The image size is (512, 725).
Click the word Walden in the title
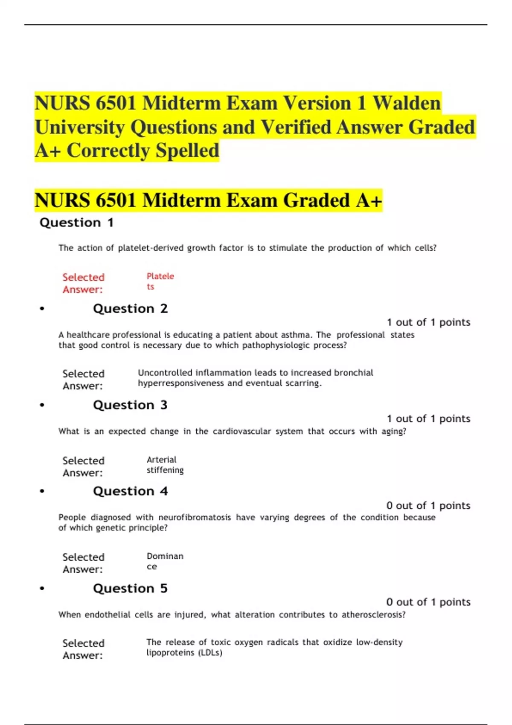point(407,103)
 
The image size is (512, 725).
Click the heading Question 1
point(76,223)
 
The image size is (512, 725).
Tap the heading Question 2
point(130,309)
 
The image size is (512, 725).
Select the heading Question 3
point(130,405)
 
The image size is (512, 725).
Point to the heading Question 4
point(130,491)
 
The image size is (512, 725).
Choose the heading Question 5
point(130,589)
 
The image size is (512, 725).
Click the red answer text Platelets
point(160,281)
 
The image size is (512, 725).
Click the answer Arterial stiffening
point(165,465)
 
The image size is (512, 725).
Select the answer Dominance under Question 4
point(165,561)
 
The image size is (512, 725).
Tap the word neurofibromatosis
point(195,517)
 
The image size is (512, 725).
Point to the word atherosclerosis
point(373,615)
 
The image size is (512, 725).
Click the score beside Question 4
point(428,506)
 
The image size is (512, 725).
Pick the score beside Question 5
point(428,602)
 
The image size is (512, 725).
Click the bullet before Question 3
point(42,405)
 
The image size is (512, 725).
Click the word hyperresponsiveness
point(180,383)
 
